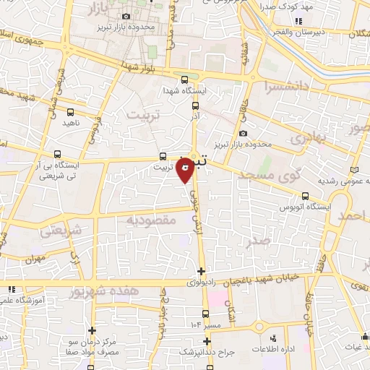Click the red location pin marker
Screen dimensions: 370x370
[186, 171]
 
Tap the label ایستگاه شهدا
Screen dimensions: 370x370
[185, 91]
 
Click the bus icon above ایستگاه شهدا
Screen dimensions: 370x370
[185, 79]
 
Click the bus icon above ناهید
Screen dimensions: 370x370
[71, 113]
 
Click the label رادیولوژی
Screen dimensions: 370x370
[201, 283]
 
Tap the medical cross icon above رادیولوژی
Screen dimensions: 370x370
[201, 272]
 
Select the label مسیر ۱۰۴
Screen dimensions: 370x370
[205, 325]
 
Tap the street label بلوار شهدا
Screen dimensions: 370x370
[139, 67]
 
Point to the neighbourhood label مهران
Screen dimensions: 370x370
[34, 258]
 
